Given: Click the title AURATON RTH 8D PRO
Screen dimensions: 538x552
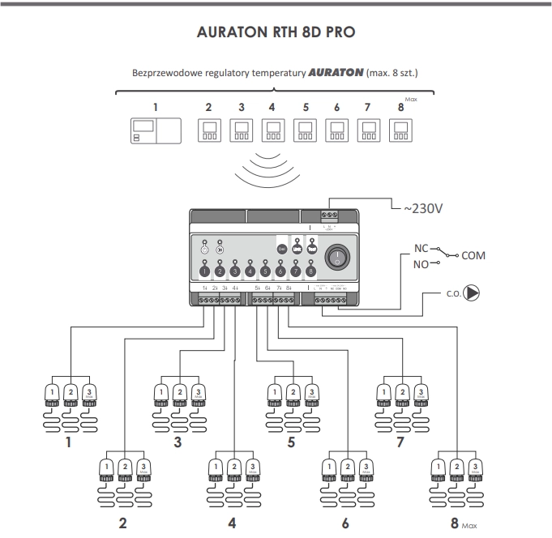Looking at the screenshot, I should tap(276, 35).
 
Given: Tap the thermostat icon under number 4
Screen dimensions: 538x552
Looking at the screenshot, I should tap(272, 130).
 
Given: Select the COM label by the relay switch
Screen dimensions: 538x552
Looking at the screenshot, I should tap(473, 256).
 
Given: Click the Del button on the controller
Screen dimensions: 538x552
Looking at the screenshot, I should tap(282, 250).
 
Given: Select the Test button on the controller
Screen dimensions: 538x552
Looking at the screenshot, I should tap(313, 250).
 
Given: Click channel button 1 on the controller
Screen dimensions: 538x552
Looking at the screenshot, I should tap(204, 271).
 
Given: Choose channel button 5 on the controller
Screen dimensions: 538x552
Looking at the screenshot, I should tap(266, 271).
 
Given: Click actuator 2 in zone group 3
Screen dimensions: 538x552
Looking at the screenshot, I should tap(178, 393).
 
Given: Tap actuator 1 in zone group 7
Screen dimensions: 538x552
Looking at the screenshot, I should tap(384, 393).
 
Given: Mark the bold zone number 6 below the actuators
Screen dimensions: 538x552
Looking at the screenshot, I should tap(345, 523).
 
